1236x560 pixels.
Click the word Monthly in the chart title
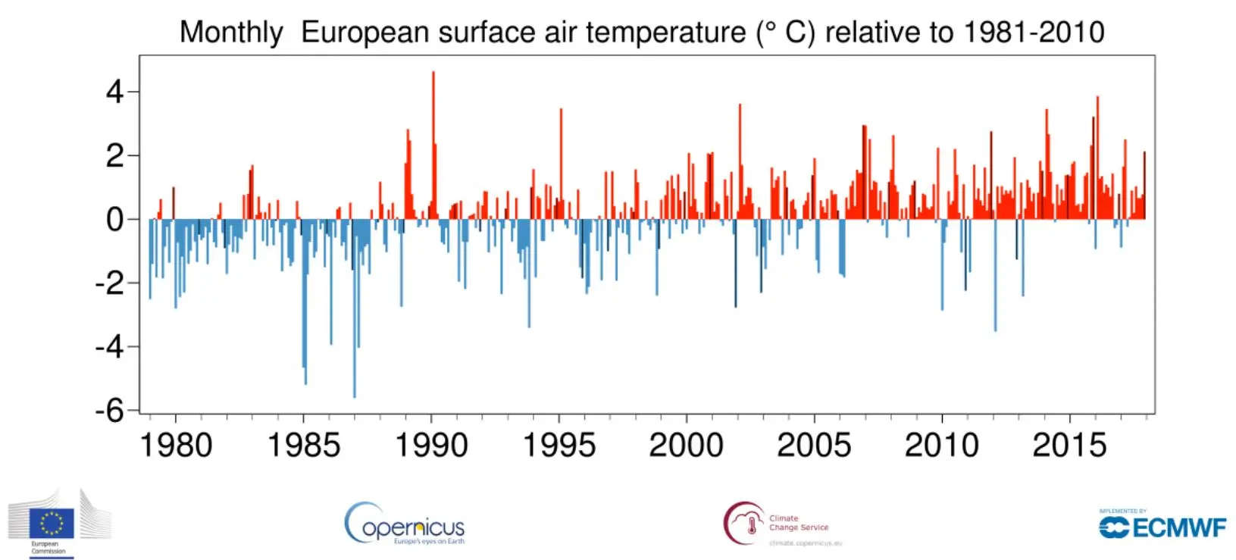(x=231, y=33)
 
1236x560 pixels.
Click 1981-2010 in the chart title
(x=1034, y=33)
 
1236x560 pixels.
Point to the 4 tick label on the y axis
(x=114, y=92)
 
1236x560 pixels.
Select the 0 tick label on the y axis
(x=114, y=220)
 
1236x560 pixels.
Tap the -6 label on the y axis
(x=109, y=411)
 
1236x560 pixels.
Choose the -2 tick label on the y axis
(x=109, y=283)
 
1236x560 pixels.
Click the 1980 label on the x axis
(x=176, y=445)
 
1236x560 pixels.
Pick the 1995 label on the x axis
(x=559, y=445)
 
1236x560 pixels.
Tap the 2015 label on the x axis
(x=1069, y=445)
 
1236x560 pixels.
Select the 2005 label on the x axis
(x=814, y=445)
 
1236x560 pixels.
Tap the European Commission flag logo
(x=52, y=523)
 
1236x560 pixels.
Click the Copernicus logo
(x=405, y=524)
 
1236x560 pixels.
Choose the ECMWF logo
(x=1162, y=526)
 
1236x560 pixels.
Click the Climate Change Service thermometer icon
(x=750, y=524)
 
